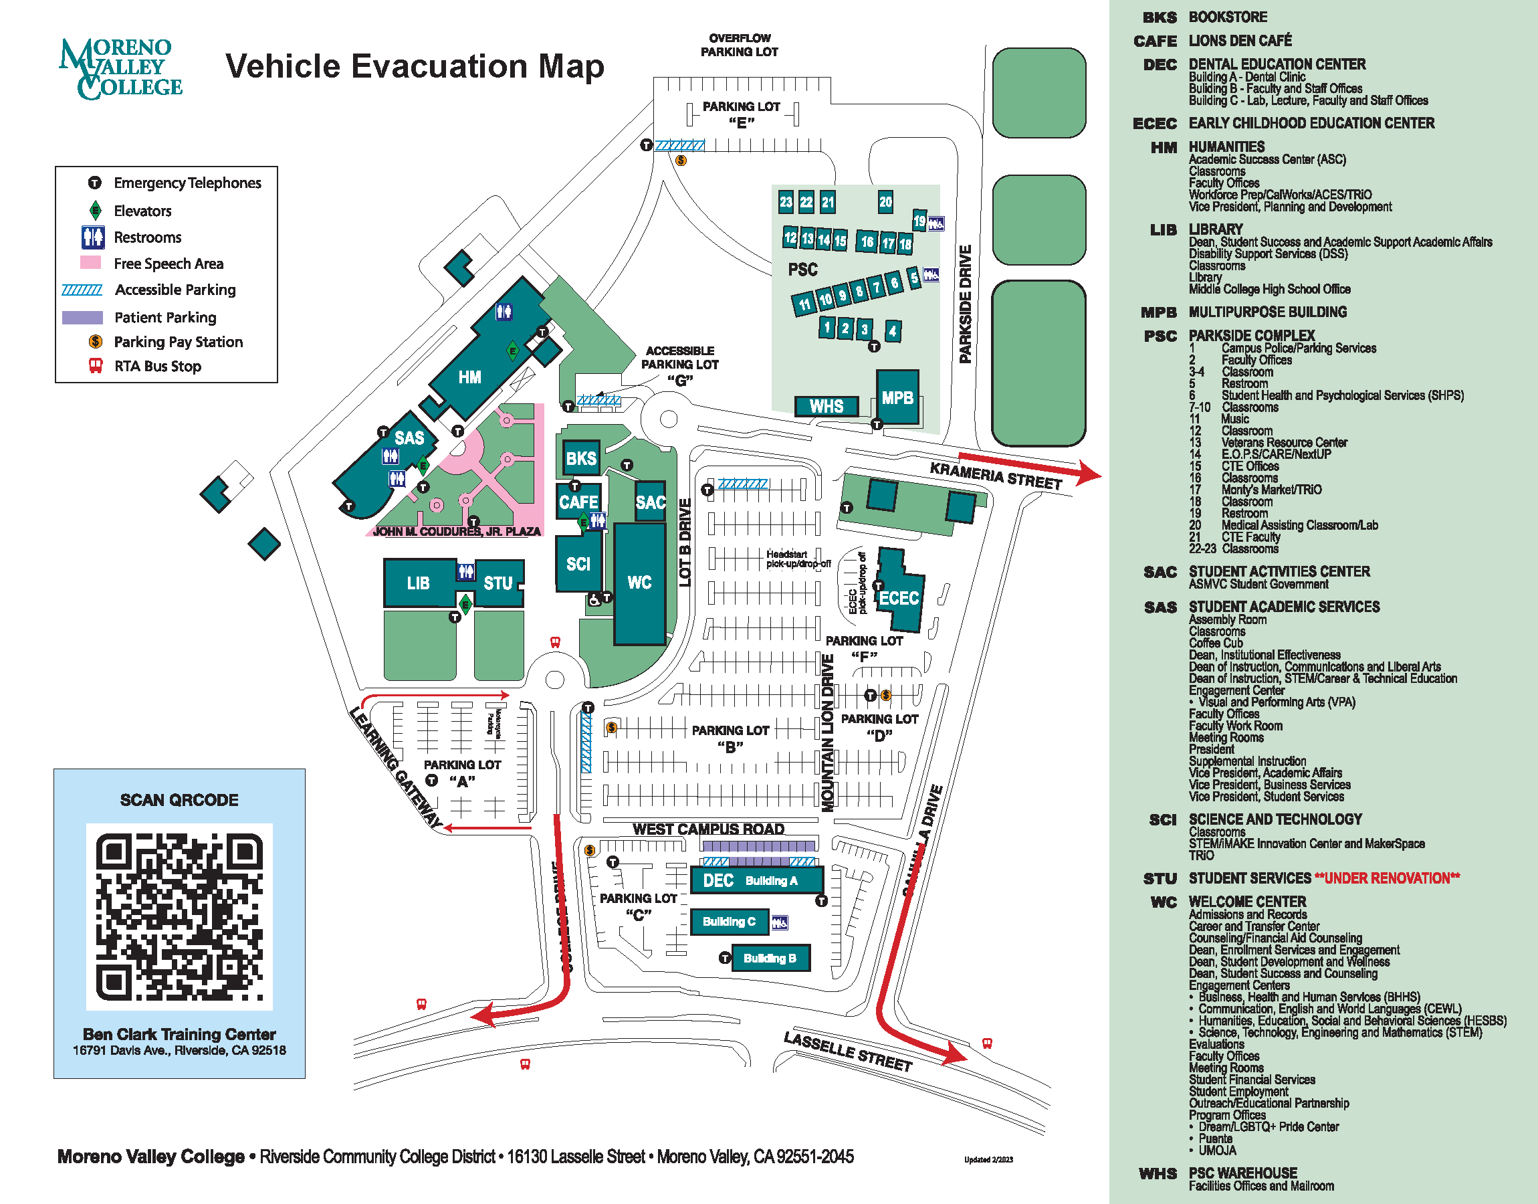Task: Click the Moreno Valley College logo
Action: tap(120, 68)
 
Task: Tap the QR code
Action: tap(179, 916)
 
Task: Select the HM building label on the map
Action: tap(469, 377)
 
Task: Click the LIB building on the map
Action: tap(419, 583)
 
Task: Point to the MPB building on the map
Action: tap(897, 397)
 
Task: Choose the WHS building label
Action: tap(826, 406)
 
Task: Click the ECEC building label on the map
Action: tap(898, 598)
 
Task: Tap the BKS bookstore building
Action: tap(580, 458)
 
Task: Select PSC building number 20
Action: tap(885, 202)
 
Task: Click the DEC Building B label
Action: tap(770, 958)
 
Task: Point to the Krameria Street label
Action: tap(995, 476)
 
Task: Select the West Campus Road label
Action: tap(708, 828)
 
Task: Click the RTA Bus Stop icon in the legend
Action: tap(95, 366)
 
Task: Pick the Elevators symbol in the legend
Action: tap(95, 210)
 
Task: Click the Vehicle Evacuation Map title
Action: tap(415, 66)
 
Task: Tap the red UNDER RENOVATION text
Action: tap(1386, 878)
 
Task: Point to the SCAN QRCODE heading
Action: tap(179, 799)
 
